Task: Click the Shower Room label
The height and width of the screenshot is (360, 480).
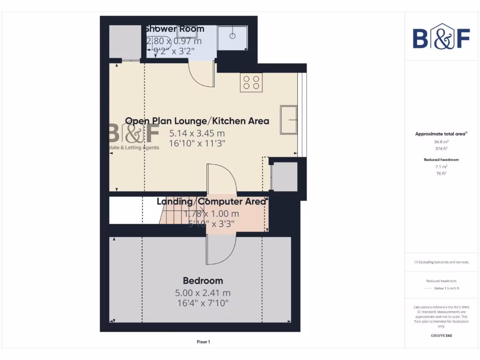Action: [x=174, y=29]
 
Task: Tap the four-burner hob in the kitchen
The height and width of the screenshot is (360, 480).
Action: [x=251, y=82]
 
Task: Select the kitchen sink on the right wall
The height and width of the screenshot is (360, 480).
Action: [x=288, y=120]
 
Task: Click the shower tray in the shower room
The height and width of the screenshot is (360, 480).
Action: [x=232, y=37]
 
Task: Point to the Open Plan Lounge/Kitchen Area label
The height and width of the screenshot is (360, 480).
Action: [x=197, y=121]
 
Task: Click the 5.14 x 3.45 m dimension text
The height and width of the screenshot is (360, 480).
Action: [x=197, y=133]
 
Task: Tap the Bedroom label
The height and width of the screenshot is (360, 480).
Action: [x=202, y=281]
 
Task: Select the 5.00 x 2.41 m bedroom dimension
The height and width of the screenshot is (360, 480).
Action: [x=202, y=293]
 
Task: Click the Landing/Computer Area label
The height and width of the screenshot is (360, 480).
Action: [x=211, y=202]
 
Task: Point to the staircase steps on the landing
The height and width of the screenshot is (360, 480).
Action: [x=173, y=217]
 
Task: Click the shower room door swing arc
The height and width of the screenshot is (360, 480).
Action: [x=201, y=75]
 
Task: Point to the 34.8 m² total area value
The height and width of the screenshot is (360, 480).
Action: [x=441, y=141]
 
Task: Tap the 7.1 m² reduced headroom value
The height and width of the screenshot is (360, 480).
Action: [x=441, y=166]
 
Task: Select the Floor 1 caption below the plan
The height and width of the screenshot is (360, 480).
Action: [x=203, y=342]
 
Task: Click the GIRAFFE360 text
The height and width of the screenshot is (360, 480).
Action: [x=441, y=336]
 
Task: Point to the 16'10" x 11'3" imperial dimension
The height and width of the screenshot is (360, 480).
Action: [x=197, y=143]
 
